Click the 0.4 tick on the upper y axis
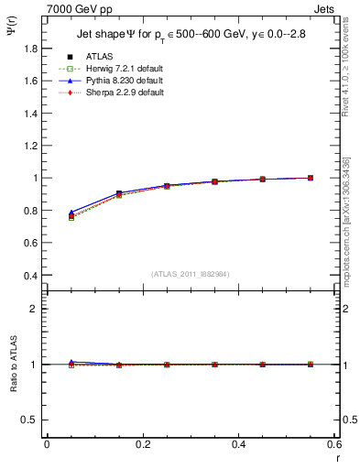(x=32, y=275)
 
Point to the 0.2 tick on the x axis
(x=142, y=444)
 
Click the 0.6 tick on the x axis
(x=333, y=444)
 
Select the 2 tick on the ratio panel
(x=38, y=309)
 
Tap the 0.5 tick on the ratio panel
(x=32, y=420)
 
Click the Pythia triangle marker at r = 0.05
(x=71, y=212)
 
